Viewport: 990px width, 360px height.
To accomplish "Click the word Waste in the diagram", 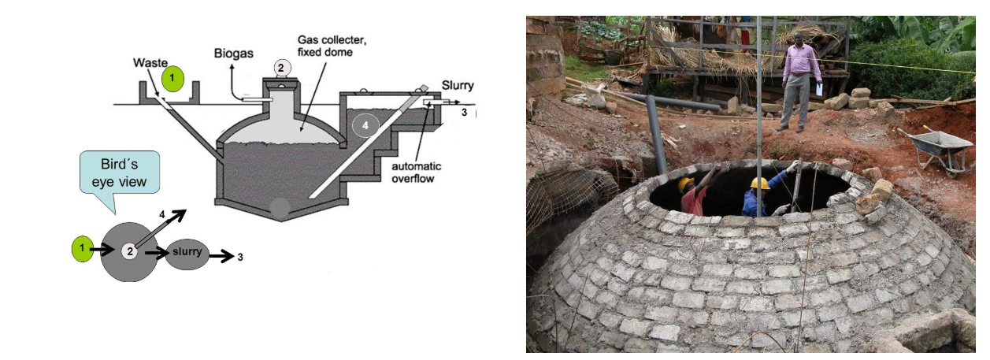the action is (x=150, y=63).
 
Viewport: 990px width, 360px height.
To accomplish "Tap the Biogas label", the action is (x=233, y=54).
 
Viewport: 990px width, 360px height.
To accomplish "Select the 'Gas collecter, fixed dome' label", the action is (x=332, y=46).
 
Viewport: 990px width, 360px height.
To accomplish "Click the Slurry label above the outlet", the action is (x=458, y=85).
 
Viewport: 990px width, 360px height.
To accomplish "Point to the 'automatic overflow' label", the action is (x=417, y=173).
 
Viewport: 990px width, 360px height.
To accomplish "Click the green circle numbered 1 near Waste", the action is (x=172, y=79).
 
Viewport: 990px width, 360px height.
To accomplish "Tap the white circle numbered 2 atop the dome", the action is (x=281, y=68).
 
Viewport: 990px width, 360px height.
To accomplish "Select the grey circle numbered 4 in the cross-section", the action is (x=365, y=125).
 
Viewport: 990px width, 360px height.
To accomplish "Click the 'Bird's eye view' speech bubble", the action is (x=120, y=173).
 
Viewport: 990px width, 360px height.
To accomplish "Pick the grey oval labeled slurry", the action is (x=187, y=254).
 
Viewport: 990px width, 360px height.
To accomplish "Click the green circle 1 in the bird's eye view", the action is (x=82, y=249).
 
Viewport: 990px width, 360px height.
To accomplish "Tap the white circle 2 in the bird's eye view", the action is (x=129, y=251).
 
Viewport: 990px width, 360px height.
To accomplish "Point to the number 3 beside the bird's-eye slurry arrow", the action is (x=240, y=257).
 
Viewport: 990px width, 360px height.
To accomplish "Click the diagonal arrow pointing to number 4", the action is (x=161, y=228).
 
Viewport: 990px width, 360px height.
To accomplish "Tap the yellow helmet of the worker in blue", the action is (x=760, y=183).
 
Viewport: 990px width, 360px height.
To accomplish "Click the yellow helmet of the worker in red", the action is (x=686, y=184).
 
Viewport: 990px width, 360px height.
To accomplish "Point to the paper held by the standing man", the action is (x=819, y=90).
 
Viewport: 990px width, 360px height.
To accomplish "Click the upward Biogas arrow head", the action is (x=232, y=67).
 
